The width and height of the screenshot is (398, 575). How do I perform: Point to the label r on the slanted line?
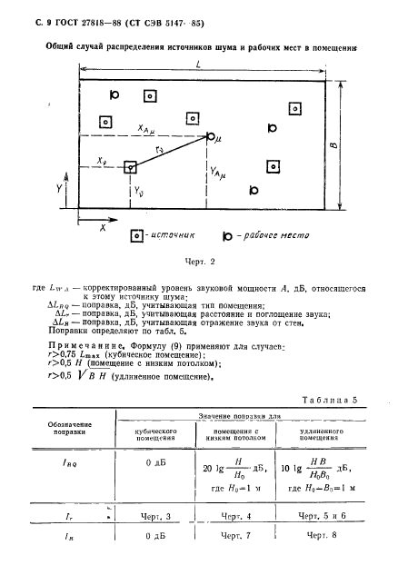click(x=160, y=149)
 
